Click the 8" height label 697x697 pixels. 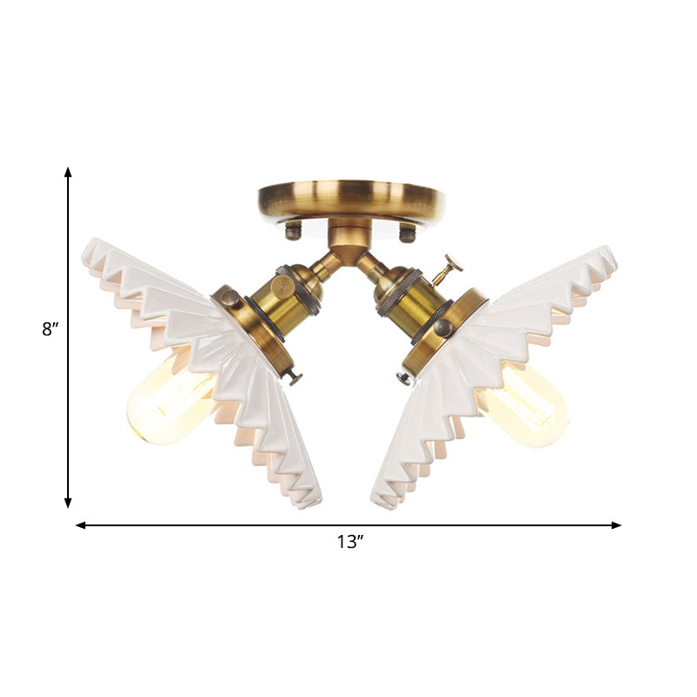click(x=49, y=330)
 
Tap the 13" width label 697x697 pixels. click(x=349, y=542)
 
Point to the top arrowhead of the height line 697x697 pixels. click(x=68, y=173)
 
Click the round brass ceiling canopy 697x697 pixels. click(x=351, y=200)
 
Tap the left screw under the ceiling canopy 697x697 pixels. click(x=294, y=231)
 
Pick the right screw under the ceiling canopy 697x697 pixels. click(x=407, y=233)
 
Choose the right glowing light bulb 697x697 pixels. click(x=523, y=404)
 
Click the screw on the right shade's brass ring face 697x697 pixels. click(x=443, y=328)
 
